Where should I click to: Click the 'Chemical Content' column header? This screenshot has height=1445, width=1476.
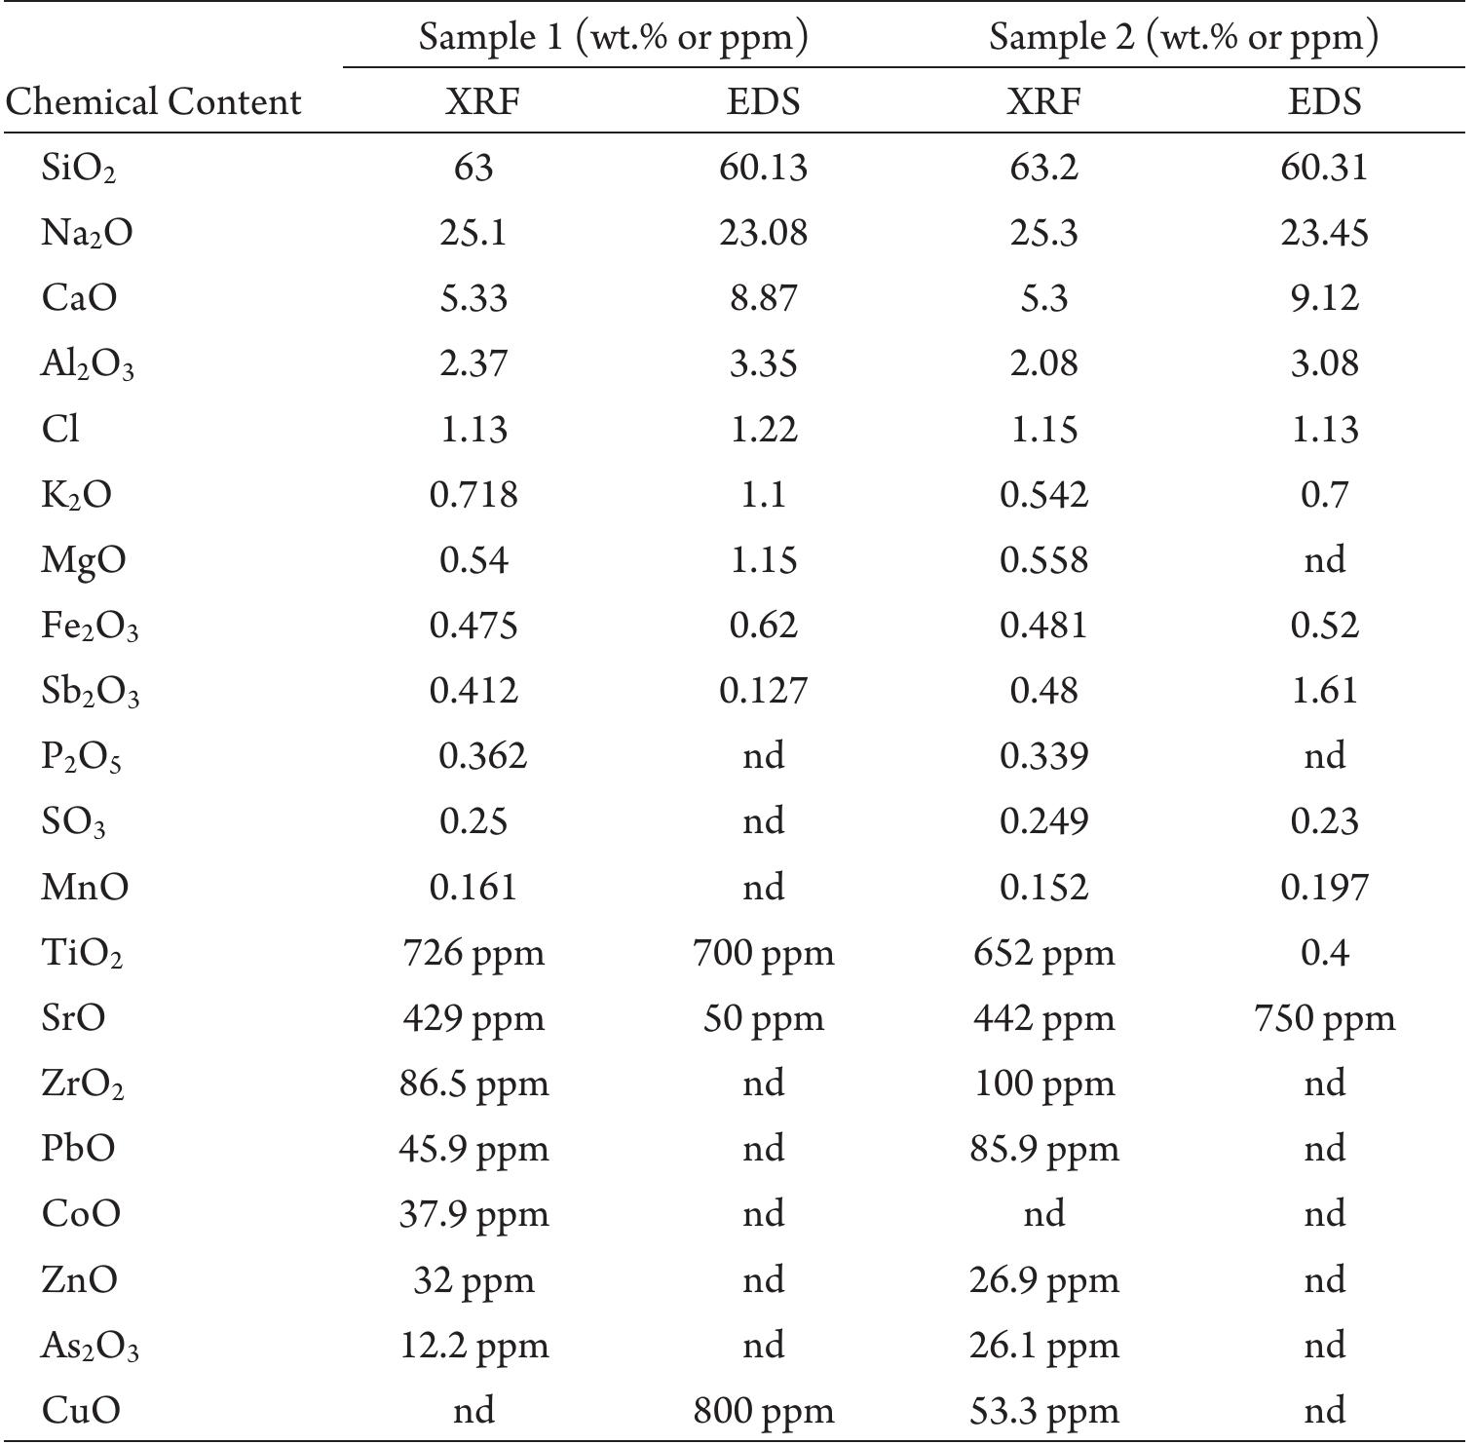[x=153, y=102]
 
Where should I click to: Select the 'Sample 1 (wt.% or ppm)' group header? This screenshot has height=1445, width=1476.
[x=614, y=37]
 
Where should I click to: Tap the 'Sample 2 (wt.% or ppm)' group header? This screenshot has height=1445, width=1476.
[x=1184, y=37]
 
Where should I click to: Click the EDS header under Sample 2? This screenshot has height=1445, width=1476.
[x=1324, y=102]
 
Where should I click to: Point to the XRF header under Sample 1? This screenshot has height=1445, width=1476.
[x=473, y=102]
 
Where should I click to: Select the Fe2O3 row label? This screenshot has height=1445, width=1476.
[x=90, y=627]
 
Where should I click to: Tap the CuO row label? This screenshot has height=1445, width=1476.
[x=81, y=1410]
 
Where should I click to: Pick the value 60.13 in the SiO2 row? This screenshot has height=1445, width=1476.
[x=763, y=168]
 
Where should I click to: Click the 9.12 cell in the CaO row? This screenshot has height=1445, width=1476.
[x=1324, y=298]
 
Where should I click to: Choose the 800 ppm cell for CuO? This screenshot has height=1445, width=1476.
[x=763, y=1410]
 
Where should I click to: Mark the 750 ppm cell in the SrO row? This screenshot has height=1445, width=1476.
[x=1324, y=1018]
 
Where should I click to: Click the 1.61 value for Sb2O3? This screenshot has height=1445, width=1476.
[x=1324, y=691]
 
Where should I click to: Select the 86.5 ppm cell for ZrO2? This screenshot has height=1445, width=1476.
[x=473, y=1084]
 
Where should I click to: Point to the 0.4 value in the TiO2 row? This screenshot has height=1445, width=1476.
[x=1324, y=952]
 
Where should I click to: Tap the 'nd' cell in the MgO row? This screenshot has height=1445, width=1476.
[x=1324, y=560]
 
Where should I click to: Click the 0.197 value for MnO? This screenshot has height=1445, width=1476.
[x=1324, y=887]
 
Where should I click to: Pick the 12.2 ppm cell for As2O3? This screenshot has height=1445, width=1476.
[x=473, y=1346]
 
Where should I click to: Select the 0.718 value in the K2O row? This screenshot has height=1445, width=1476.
[x=473, y=495]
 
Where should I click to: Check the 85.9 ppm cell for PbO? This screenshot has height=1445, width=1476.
[x=1043, y=1149]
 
